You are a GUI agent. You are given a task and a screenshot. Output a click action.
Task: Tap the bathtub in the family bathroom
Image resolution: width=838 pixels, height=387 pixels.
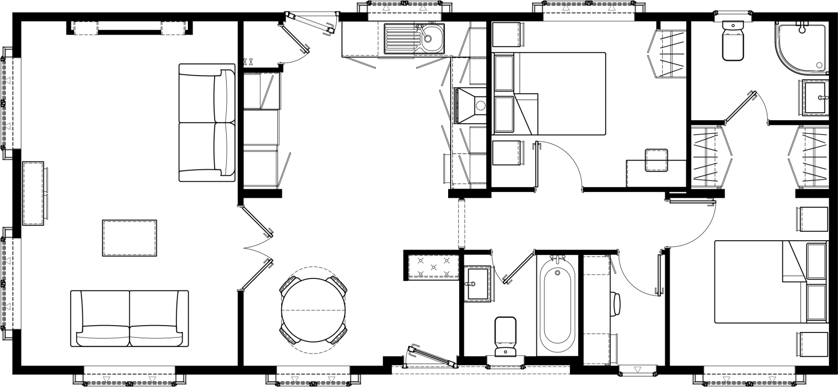(x=556, y=304)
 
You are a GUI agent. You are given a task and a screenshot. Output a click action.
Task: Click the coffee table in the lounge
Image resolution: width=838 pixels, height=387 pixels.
(x=129, y=238)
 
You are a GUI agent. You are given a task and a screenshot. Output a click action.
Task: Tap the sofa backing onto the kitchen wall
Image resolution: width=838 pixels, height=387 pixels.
(x=207, y=123)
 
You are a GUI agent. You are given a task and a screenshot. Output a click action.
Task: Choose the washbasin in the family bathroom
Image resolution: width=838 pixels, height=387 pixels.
(x=476, y=284)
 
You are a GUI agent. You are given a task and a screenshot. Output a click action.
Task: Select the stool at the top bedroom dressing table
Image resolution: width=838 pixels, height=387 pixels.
(x=656, y=160)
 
